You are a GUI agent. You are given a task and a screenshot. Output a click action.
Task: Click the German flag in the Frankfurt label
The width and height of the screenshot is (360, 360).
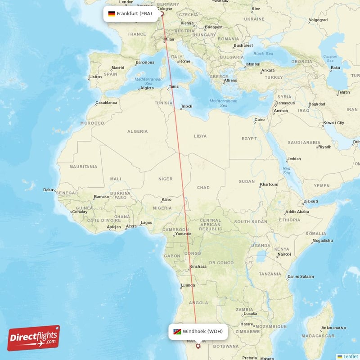[112, 13]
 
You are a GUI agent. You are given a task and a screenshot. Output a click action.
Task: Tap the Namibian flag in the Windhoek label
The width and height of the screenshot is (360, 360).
[177, 332]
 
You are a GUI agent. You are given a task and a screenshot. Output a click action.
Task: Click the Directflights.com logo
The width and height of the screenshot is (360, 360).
[34, 337]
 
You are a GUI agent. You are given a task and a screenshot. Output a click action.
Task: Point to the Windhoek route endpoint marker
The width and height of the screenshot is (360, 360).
[198, 346]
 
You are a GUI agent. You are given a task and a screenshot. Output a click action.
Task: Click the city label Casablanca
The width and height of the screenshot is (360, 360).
[106, 103]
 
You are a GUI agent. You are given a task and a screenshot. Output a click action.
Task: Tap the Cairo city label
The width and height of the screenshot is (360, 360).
[260, 120]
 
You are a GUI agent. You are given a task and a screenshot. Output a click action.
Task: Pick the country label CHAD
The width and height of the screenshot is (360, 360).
[203, 188]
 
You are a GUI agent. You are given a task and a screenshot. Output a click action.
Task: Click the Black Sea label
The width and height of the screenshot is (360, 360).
[263, 54]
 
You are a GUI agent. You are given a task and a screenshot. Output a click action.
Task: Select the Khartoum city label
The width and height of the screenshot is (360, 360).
[269, 184]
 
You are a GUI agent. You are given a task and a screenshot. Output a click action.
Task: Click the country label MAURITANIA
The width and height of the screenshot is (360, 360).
[83, 166]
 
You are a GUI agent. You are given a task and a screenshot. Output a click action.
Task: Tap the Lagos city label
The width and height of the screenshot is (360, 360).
[146, 222]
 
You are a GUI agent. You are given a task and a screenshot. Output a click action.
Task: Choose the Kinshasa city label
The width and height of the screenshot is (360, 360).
[198, 266]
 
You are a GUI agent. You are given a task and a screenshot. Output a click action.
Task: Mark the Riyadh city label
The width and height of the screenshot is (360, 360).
[324, 147]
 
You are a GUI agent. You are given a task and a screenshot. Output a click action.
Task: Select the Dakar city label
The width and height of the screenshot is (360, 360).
[49, 190]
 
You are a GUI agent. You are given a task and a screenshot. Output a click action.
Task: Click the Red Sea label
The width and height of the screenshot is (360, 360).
[287, 171]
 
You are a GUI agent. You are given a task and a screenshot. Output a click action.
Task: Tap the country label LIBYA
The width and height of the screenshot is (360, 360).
[200, 136]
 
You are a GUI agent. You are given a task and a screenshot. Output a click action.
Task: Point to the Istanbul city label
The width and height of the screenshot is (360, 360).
[253, 64]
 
